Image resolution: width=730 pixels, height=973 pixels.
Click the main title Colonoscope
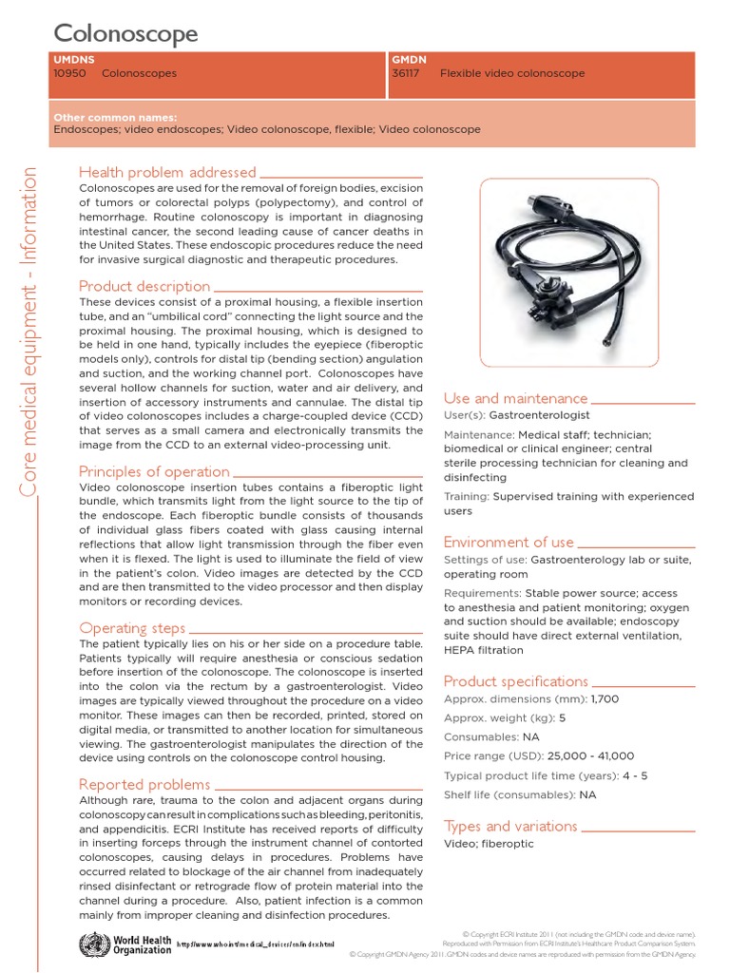coord(125,34)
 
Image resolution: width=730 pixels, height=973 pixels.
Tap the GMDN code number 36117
coord(406,73)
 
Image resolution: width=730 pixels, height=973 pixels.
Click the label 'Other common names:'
coord(116,117)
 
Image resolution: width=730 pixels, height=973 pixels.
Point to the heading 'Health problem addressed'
coord(167,172)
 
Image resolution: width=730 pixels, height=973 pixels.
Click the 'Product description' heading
coord(144,286)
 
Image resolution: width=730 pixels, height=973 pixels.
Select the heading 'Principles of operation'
coord(154,471)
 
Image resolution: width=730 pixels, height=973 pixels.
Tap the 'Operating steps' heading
coord(132,628)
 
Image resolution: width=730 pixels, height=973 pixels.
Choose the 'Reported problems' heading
coord(144,784)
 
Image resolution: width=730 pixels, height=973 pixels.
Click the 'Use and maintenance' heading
coord(515,398)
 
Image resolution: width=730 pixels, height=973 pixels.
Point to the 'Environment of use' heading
coord(509,542)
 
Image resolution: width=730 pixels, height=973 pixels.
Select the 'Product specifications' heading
coord(516,681)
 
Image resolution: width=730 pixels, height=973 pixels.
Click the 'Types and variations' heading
coord(510,826)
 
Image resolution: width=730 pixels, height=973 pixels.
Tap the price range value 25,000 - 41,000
coord(590,756)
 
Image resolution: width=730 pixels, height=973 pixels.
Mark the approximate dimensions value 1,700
coord(605,699)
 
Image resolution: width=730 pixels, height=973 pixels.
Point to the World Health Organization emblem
coord(92,944)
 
